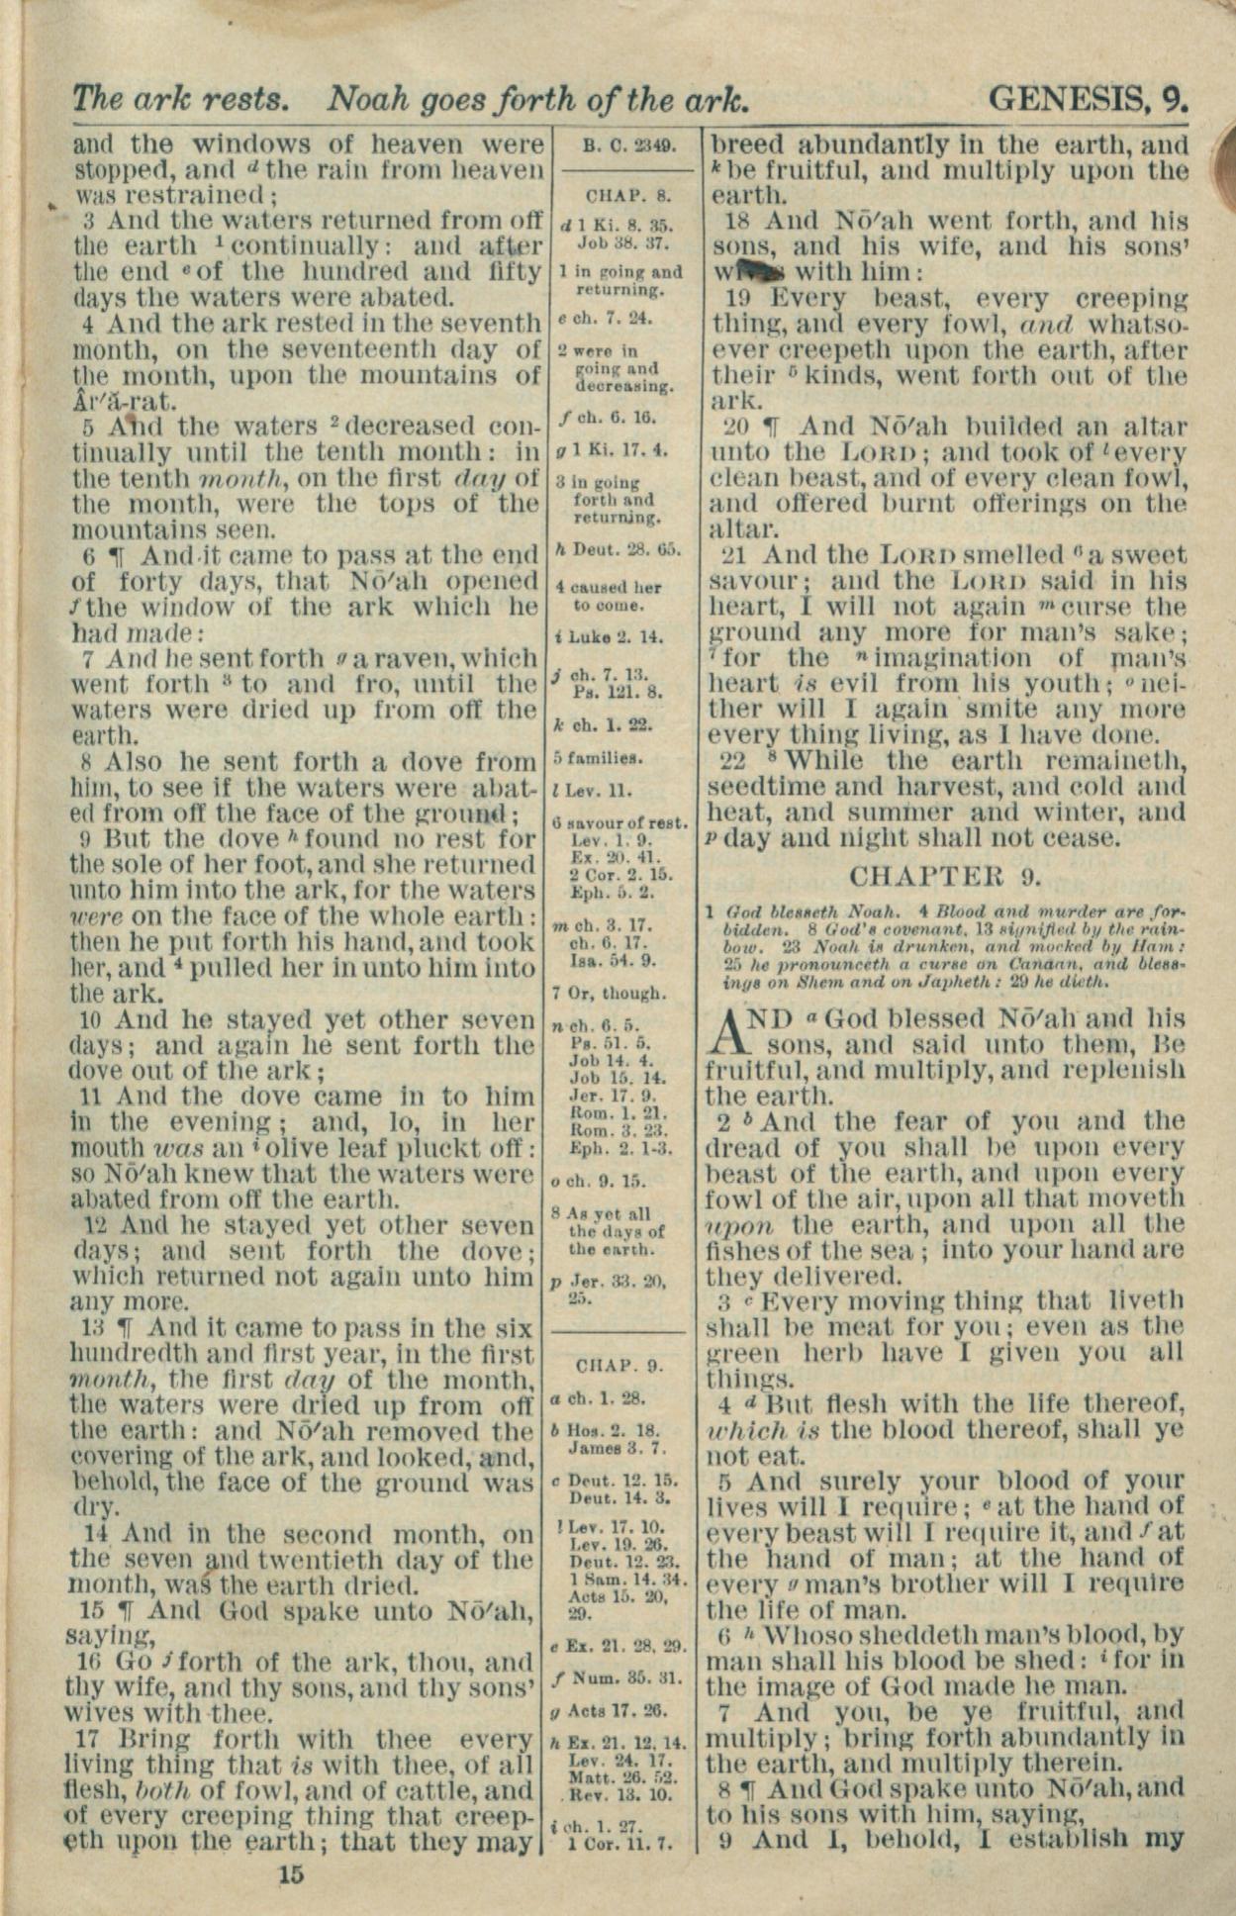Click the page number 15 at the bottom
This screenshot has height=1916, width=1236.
point(292,1873)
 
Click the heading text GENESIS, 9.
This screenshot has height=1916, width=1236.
point(1088,97)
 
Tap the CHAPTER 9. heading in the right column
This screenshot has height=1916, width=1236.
point(945,877)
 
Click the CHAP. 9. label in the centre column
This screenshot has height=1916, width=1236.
point(620,1366)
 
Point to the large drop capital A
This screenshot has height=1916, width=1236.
point(727,1032)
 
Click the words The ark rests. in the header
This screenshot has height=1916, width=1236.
point(180,98)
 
